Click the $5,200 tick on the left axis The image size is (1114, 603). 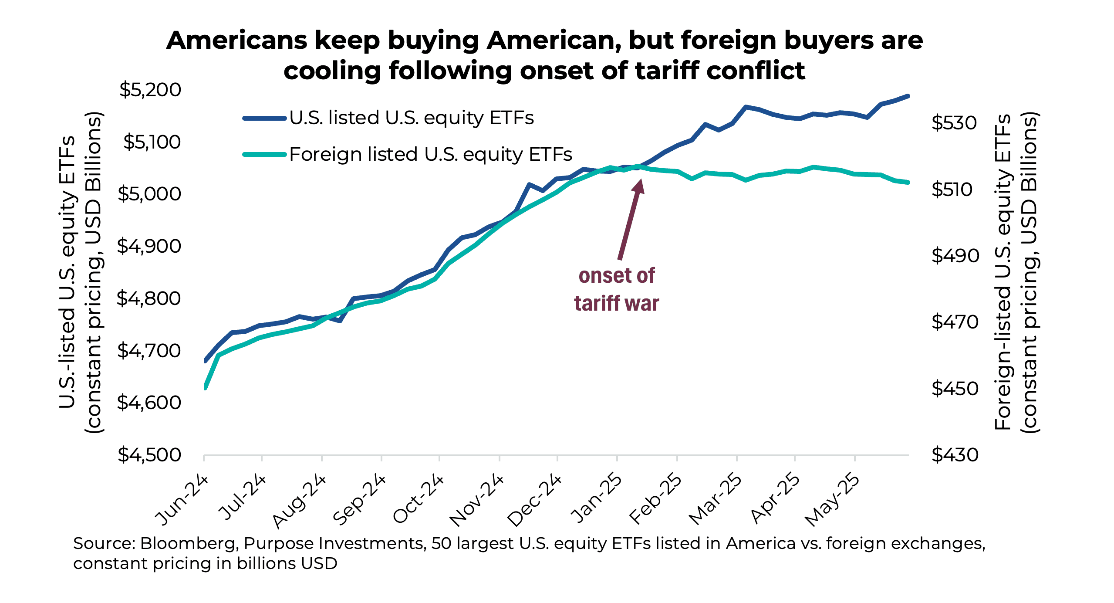(x=150, y=90)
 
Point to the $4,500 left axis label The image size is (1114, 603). (x=149, y=455)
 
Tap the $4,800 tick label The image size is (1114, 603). (x=149, y=298)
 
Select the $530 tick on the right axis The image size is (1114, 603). (x=954, y=123)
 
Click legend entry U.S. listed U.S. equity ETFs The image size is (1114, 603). (x=411, y=118)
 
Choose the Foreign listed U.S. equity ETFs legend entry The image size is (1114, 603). (x=430, y=154)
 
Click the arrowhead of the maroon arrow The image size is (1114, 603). (x=639, y=185)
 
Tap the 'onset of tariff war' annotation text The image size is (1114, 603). (x=616, y=289)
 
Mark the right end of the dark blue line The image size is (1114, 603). (x=908, y=96)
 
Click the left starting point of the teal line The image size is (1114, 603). (x=205, y=387)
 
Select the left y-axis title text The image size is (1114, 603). (x=81, y=272)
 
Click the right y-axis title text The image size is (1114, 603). (x=1016, y=272)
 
